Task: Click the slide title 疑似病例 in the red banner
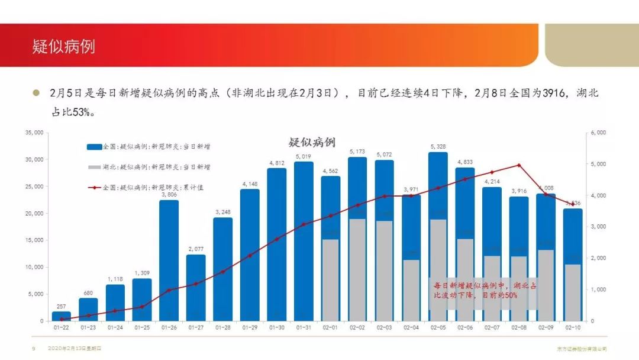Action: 64,46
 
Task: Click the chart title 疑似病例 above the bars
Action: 312,142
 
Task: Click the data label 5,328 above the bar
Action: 438,146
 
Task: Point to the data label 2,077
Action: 196,249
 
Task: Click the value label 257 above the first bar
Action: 62,306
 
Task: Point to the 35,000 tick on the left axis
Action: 34,133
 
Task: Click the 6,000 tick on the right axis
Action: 598,133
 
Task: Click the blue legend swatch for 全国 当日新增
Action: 94,146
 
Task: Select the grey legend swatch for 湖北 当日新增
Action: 94,167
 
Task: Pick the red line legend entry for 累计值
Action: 94,188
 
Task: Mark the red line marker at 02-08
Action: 519,165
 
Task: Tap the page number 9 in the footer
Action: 34,349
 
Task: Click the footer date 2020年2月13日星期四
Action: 75,349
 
